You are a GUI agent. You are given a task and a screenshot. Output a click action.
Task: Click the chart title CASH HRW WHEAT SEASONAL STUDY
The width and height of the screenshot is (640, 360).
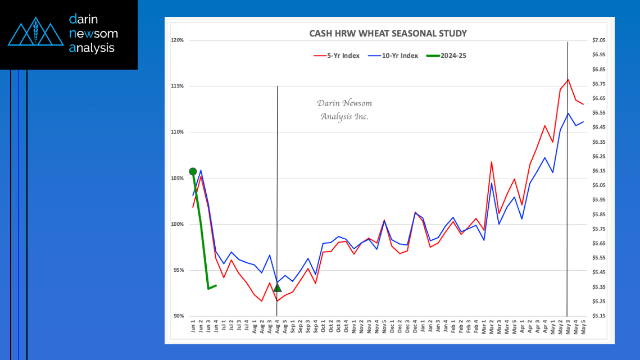coord(388,34)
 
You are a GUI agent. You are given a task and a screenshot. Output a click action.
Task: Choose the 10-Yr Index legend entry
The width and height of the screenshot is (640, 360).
coord(392,55)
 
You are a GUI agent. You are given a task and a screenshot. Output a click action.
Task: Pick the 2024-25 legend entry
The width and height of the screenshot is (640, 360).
coord(447,55)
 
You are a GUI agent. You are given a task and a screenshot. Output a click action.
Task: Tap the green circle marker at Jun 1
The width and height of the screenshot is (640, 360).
coord(193,171)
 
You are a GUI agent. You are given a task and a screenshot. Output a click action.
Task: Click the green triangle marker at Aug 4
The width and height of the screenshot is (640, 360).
coord(277,288)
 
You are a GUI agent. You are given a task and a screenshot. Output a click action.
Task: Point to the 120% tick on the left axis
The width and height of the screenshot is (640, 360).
coord(178,40)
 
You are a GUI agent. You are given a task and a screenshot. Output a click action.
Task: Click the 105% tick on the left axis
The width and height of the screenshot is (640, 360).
coord(178,178)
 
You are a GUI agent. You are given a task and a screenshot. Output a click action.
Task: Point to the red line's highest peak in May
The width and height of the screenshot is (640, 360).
coord(568,80)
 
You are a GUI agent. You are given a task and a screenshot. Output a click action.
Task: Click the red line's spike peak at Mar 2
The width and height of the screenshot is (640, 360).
coord(492,162)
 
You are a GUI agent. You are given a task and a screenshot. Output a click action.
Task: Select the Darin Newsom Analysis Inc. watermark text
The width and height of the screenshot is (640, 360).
coord(344,110)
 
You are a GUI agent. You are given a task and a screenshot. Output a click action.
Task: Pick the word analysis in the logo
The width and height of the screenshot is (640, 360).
coord(92,48)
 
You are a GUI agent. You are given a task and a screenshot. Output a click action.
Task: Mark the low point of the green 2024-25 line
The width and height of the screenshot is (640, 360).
coord(208,289)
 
